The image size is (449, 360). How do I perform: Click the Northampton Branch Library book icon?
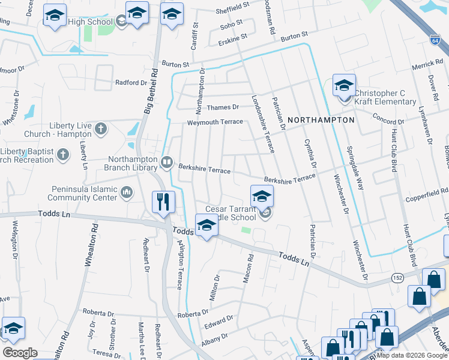[x=167, y=161]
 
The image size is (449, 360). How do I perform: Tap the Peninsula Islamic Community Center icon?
[x=127, y=193]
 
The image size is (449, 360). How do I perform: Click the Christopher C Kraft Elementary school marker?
[x=344, y=85]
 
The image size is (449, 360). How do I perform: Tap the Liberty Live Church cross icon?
[x=101, y=128]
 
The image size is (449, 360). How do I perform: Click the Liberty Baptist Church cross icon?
[x=62, y=155]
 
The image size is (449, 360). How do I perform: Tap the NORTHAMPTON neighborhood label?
[x=321, y=120]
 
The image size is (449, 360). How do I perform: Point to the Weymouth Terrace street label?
[x=215, y=122]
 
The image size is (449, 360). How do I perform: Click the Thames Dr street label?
[x=223, y=107]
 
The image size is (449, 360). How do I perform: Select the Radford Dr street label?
[x=131, y=83]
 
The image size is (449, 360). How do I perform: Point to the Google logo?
[x=20, y=353]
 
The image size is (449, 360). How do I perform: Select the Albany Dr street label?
[x=217, y=338]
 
